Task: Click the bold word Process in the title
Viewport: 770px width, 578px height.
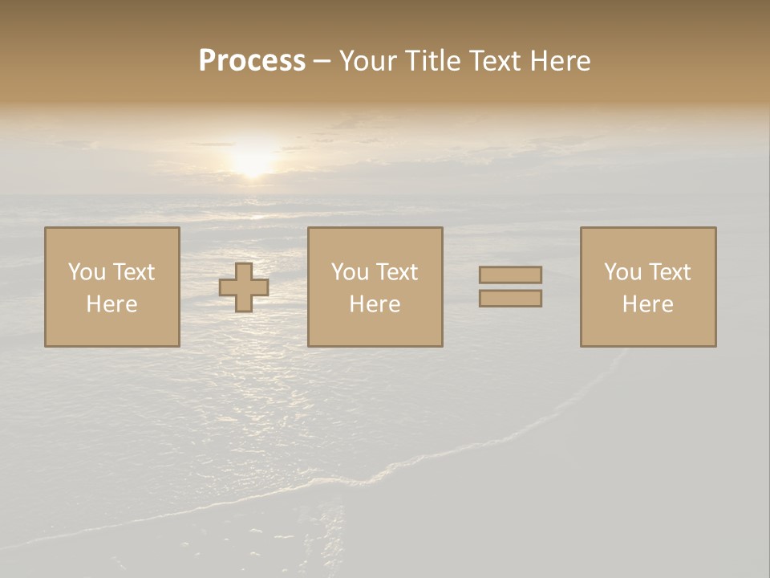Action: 252,61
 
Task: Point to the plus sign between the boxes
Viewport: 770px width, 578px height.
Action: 244,287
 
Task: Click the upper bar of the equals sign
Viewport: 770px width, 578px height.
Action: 510,275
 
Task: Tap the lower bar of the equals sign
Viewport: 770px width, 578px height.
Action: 510,299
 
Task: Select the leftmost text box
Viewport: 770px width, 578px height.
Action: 112,287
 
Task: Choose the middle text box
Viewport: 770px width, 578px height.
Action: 375,287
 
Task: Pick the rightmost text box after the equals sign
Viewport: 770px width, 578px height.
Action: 648,287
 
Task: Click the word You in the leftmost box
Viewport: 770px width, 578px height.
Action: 87,272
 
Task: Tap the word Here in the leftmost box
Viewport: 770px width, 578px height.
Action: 112,304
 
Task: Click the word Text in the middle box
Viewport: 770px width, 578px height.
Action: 397,272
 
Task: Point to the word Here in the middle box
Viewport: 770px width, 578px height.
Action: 375,304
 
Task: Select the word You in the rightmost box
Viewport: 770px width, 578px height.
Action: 622,272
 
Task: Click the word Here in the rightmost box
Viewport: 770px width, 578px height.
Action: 648,304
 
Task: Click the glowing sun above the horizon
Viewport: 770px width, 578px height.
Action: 253,159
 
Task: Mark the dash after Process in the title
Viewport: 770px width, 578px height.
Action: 322,62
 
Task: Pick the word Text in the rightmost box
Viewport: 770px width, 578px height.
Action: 670,272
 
